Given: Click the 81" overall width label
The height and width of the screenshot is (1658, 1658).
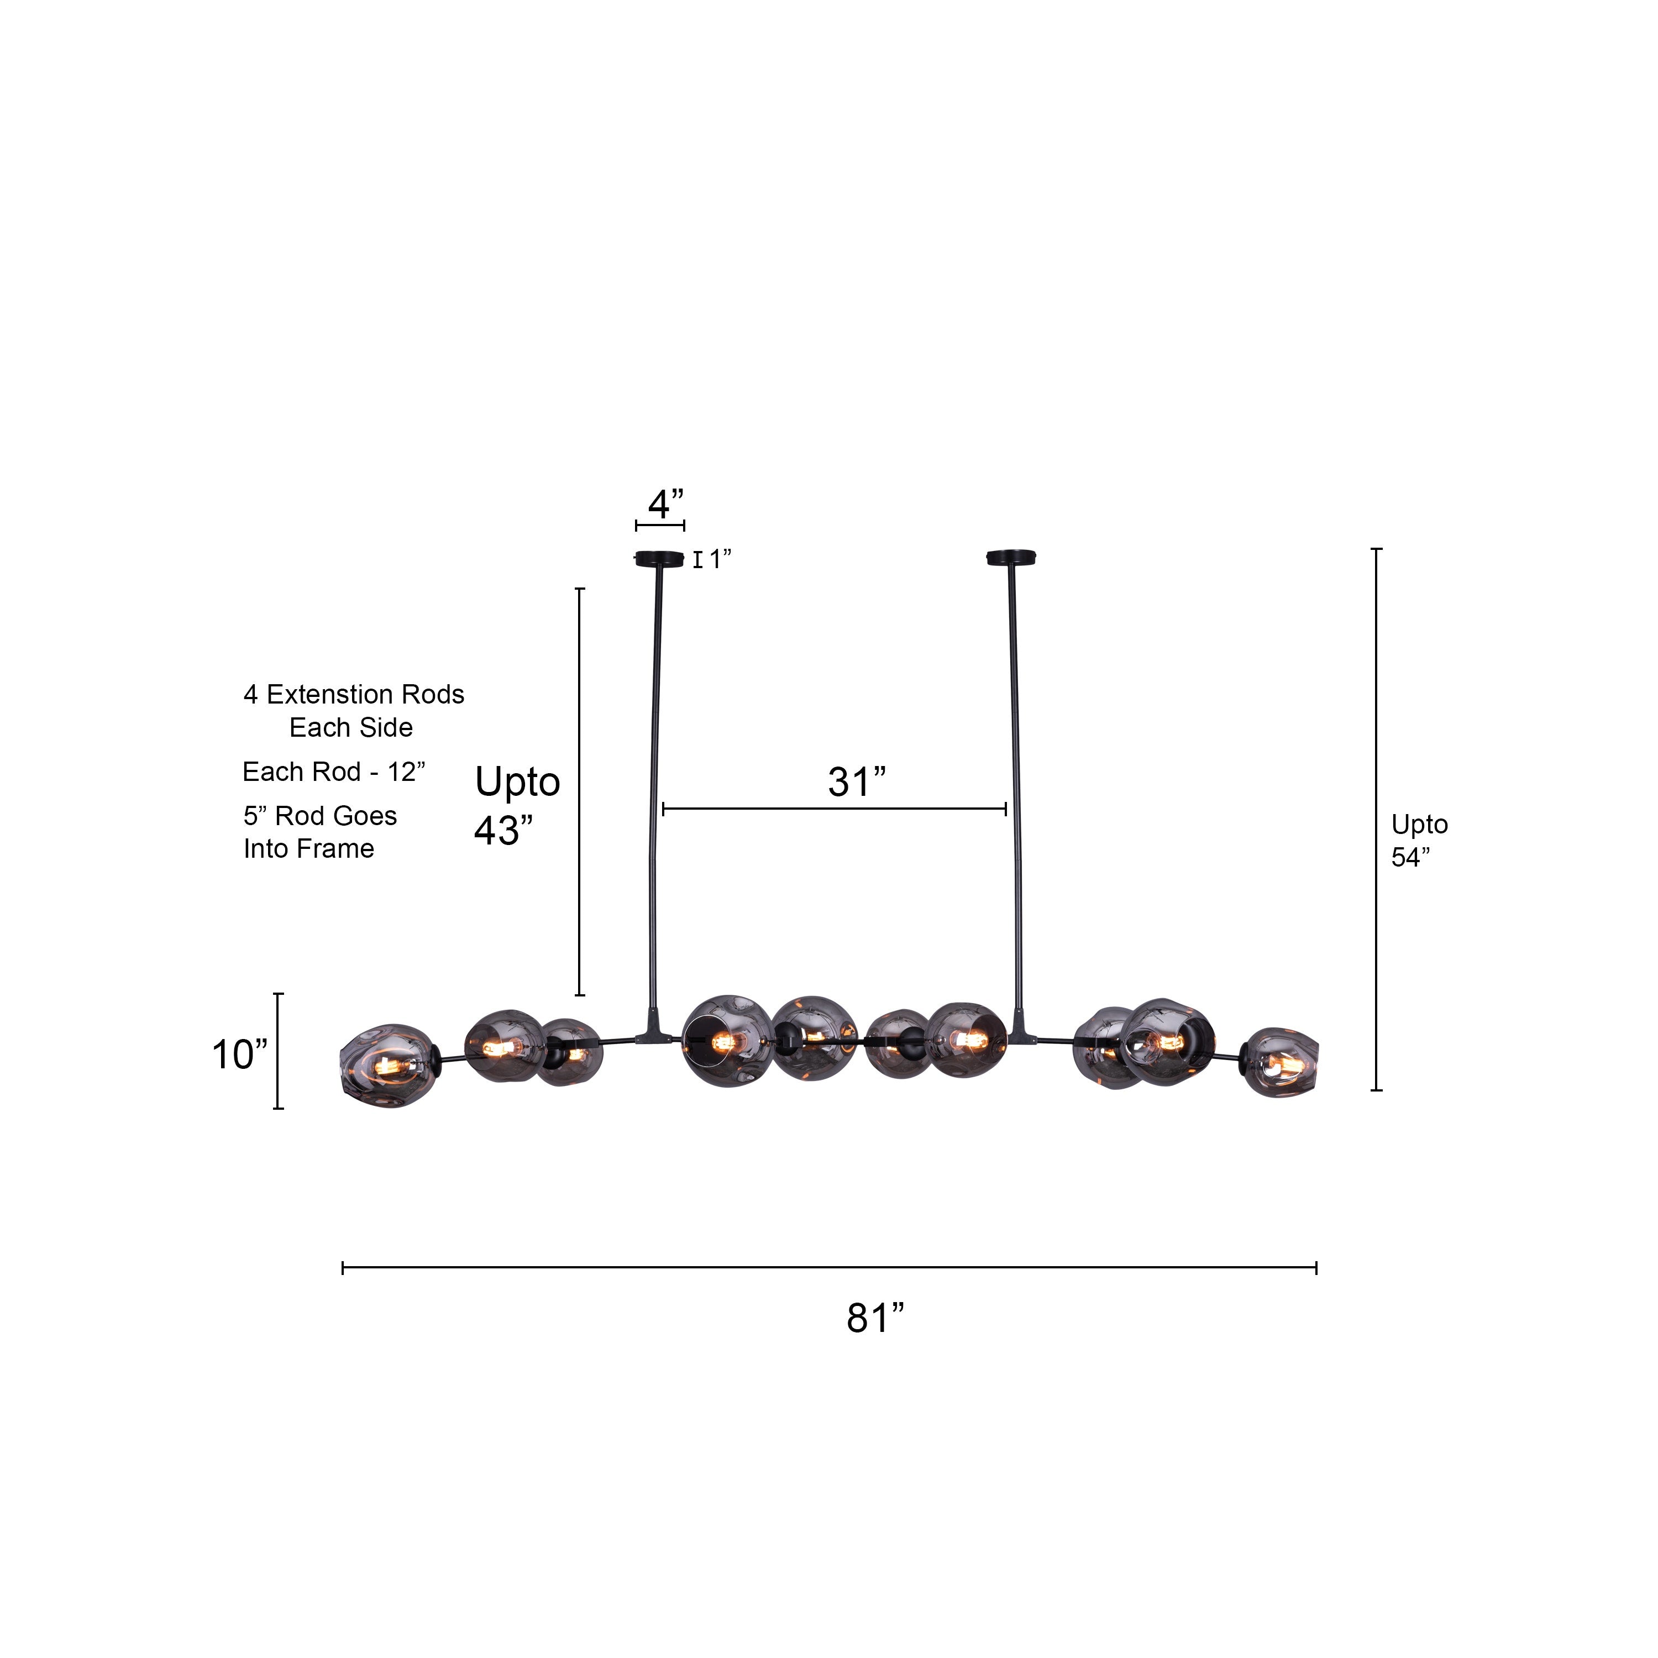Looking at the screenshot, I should pos(874,1318).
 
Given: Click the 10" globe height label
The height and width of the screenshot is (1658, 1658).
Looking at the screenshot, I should pos(239,1054).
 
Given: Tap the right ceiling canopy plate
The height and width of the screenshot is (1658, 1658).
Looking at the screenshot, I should pos(1012,558).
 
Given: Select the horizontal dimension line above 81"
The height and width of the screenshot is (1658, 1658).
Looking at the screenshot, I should pos(829,1267).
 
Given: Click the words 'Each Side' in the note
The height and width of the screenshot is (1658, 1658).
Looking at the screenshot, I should pos(350,728).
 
